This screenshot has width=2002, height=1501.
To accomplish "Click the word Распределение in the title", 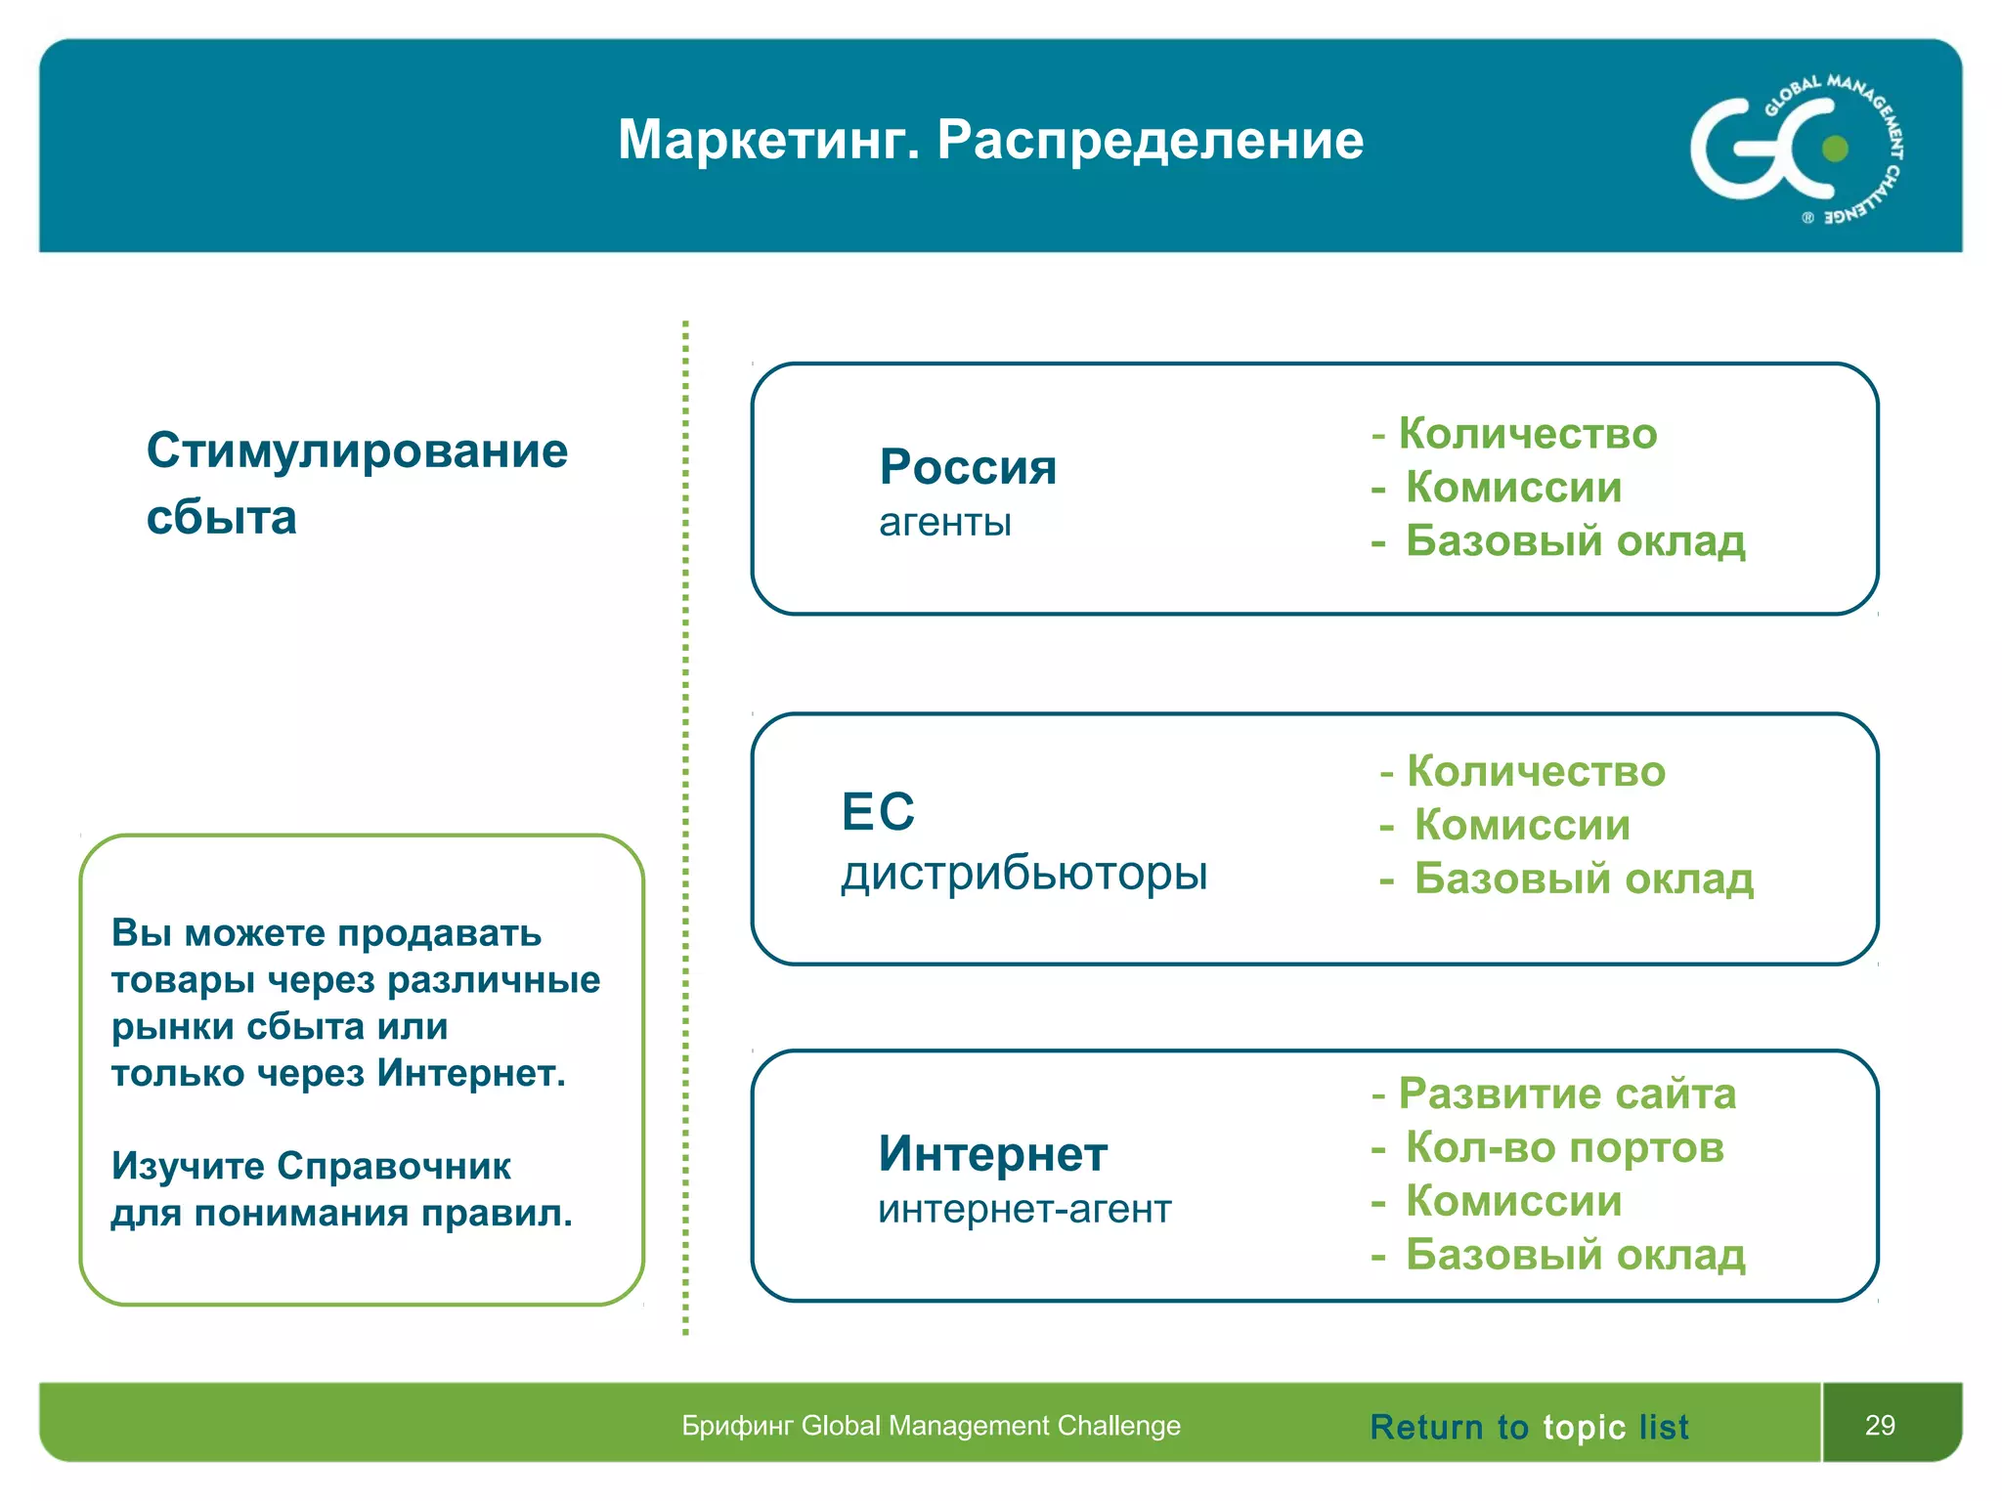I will [x=1150, y=141].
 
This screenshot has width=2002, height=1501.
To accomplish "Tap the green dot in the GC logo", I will [x=1835, y=149].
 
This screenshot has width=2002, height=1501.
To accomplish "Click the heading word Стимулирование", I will [x=357, y=451].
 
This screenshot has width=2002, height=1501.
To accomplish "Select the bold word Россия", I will [x=968, y=467].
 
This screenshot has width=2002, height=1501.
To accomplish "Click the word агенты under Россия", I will [x=944, y=523].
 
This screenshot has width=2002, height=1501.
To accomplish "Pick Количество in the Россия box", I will [x=1527, y=434].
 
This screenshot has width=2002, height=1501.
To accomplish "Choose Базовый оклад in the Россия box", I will [x=1574, y=541].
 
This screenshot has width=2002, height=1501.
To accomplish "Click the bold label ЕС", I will [x=878, y=812].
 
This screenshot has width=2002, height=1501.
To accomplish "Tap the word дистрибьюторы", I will [x=1023, y=873].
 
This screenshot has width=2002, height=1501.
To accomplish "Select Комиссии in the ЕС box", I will [x=1522, y=826].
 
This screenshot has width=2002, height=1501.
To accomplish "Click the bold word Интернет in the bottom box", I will [x=992, y=1154].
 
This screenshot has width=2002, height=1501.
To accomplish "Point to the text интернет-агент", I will [x=1023, y=1210].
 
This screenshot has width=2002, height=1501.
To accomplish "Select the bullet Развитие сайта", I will [x=1566, y=1094].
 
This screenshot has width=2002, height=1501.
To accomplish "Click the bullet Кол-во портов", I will [x=1564, y=1148].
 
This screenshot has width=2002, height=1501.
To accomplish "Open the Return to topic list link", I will [x=1528, y=1428].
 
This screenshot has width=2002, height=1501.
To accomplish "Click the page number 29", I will [x=1879, y=1426].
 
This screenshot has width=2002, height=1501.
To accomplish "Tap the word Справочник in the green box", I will [x=393, y=1166].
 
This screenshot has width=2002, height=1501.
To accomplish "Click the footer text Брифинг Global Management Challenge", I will [x=931, y=1426].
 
